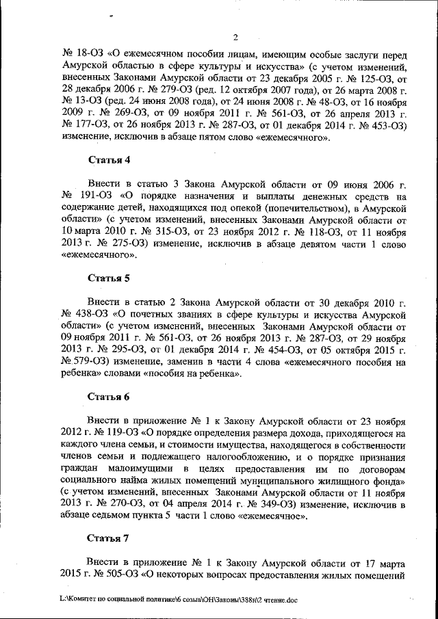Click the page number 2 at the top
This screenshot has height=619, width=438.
(x=234, y=38)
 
